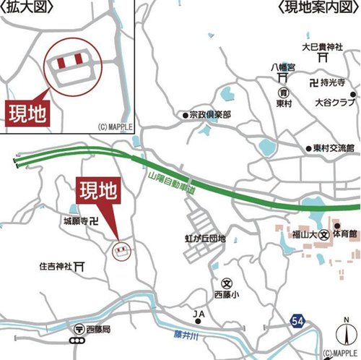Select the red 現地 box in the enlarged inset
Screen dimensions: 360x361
tap(25, 112)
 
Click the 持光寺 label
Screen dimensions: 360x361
tap(334, 83)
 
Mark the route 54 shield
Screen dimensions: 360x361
tap(299, 320)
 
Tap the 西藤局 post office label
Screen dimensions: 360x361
tap(97, 330)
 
